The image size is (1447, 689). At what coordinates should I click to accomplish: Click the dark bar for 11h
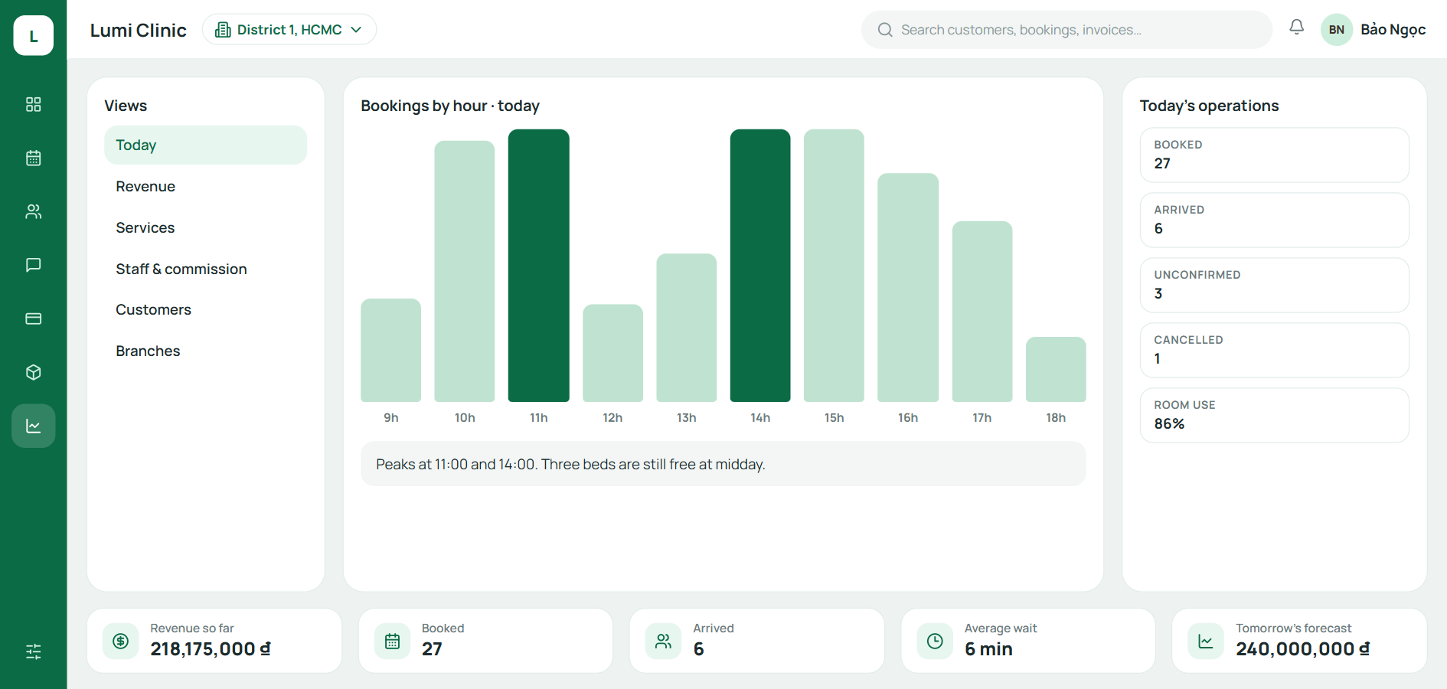538,266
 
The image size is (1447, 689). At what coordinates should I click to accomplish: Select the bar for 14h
760,266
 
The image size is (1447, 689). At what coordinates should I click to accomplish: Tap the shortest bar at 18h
1056,369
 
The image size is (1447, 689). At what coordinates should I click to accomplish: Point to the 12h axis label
612,417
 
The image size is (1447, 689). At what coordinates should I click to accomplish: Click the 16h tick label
908,417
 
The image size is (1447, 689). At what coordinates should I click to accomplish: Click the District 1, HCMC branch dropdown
289,30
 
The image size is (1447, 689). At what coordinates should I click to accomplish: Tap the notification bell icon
1296,28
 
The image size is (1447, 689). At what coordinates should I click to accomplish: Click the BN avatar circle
1337,30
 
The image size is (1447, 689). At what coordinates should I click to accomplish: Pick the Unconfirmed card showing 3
1274,285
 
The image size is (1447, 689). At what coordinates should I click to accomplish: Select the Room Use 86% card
1274,415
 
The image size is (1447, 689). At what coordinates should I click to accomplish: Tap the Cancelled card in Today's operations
1274,350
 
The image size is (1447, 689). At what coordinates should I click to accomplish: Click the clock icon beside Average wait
935,641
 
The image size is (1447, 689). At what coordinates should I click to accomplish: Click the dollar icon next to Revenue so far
121,641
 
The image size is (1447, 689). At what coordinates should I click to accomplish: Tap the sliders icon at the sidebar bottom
34,651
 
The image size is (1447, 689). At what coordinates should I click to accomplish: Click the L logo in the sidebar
34,35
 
